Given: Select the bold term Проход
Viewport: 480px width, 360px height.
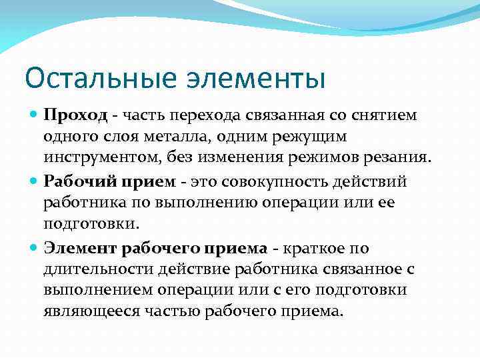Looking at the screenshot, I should click(75, 115).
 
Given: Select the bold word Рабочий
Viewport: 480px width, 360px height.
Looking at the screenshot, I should click(72, 182).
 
